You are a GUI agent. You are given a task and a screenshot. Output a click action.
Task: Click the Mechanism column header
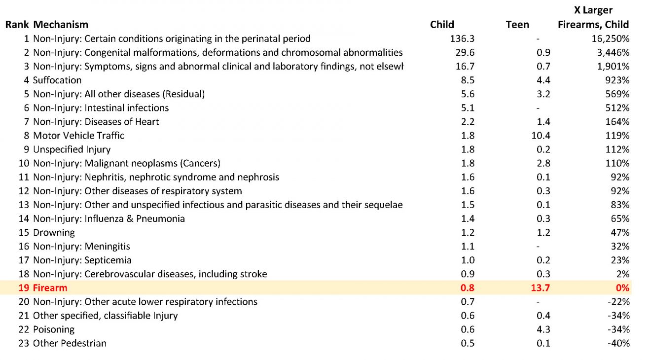(x=61, y=25)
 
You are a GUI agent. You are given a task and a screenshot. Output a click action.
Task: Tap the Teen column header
(x=517, y=25)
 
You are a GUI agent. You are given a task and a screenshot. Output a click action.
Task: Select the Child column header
(x=442, y=25)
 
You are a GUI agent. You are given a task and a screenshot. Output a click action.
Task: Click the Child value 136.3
(x=462, y=38)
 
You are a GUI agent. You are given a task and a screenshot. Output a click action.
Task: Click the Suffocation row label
(x=57, y=80)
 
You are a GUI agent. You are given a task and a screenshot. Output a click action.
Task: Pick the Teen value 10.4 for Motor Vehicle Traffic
(x=541, y=136)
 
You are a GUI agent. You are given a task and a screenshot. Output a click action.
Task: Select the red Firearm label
(x=50, y=288)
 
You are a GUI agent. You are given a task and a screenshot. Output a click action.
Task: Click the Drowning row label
(x=54, y=232)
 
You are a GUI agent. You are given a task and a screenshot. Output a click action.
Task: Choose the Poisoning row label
(x=54, y=329)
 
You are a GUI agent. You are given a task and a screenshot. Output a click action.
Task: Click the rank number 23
(x=24, y=343)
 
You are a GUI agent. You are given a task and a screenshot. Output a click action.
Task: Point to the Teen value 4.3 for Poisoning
(x=543, y=329)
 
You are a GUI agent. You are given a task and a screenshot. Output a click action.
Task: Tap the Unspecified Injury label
(x=72, y=149)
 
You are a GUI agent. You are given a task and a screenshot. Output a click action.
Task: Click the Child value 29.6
(x=465, y=52)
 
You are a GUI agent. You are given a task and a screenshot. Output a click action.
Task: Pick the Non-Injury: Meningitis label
(x=81, y=246)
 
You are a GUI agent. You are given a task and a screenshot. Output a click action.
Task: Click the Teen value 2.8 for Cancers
(x=543, y=163)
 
